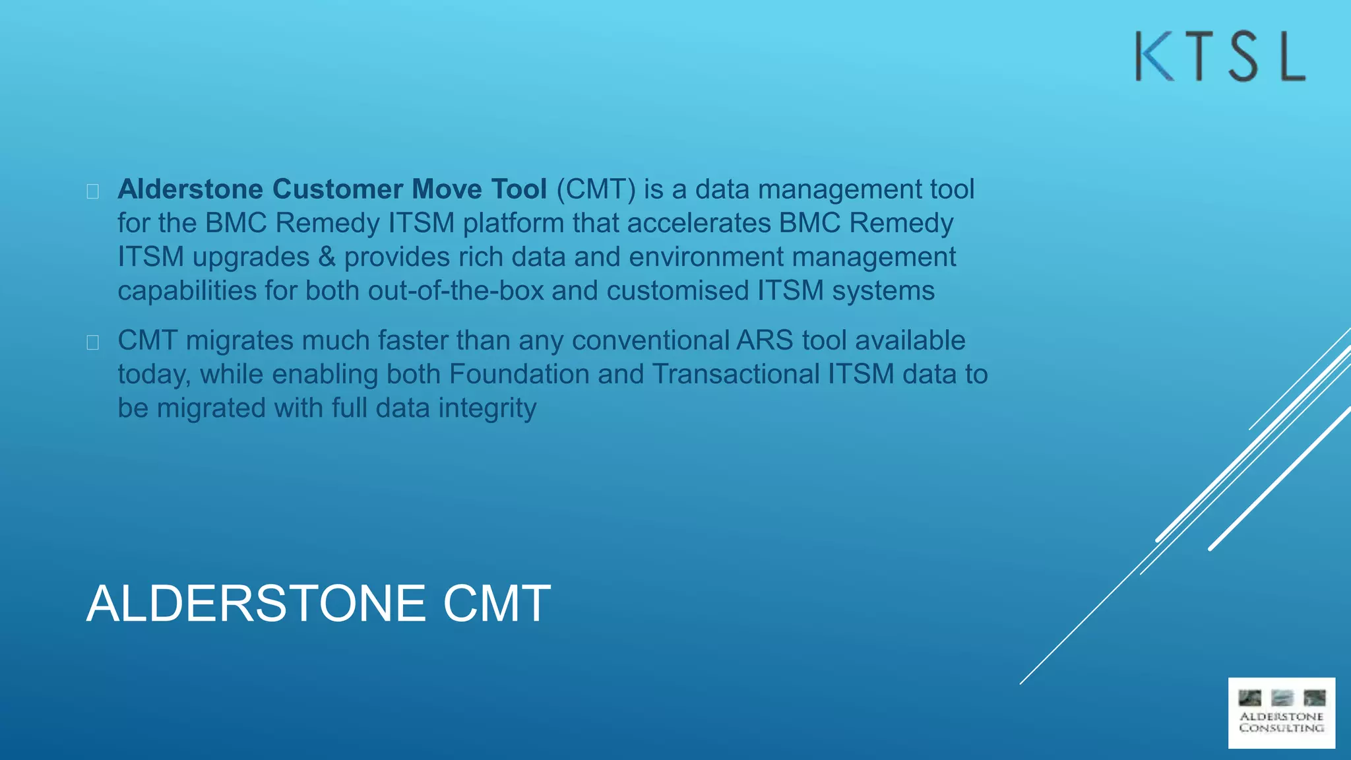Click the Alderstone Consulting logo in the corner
[x=1281, y=713]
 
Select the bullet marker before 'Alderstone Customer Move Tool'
[x=93, y=191]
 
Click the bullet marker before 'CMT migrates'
[x=93, y=342]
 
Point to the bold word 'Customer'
[x=338, y=189]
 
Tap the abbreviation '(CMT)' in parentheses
[x=596, y=189]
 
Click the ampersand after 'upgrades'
[x=327, y=257]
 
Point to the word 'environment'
[x=706, y=257]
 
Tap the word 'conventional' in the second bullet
[x=650, y=341]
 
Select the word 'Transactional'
[x=736, y=375]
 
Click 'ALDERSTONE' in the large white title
[x=256, y=603]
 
